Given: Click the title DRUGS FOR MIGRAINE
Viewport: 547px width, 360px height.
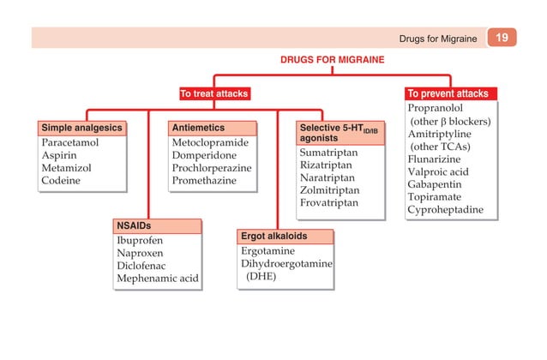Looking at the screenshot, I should pyautogui.click(x=333, y=60).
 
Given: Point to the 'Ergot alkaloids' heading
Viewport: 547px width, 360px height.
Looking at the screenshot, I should pyautogui.click(x=273, y=235).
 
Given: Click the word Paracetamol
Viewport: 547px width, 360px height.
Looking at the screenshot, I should pyautogui.click(x=70, y=142).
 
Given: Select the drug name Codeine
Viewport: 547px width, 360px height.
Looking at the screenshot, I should pyautogui.click(x=61, y=181).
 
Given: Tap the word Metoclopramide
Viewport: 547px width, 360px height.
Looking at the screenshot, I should pyautogui.click(x=209, y=142).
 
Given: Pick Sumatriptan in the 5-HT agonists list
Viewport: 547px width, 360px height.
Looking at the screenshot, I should pyautogui.click(x=328, y=152).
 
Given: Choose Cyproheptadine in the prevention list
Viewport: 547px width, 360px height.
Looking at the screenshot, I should pyautogui.click(x=445, y=209).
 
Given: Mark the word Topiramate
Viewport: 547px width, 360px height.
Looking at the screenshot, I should pyautogui.click(x=436, y=196).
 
